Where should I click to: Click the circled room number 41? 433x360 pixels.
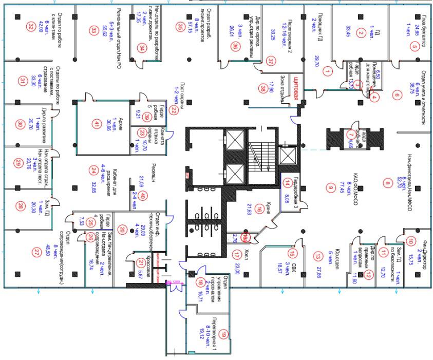pos(96,123)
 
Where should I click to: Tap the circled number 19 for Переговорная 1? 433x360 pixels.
pos(223,334)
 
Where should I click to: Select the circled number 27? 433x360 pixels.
pos(35,252)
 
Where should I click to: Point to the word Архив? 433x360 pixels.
pos(121,123)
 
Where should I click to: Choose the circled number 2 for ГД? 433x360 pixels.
pos(361,33)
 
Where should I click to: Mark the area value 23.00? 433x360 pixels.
pos(237,256)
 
